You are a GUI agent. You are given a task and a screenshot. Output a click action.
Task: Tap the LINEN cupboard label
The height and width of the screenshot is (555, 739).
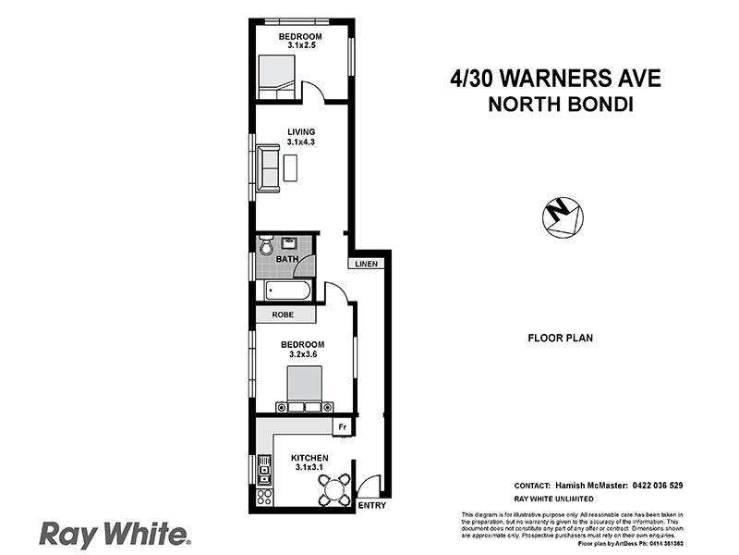pyautogui.click(x=364, y=264)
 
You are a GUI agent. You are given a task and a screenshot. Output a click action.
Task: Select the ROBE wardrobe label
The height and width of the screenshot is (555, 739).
pyautogui.click(x=283, y=314)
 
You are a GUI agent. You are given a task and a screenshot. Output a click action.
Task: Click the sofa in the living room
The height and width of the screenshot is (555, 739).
pyautogui.click(x=269, y=169)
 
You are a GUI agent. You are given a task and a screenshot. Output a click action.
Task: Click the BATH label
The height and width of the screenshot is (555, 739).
pyautogui.click(x=287, y=259)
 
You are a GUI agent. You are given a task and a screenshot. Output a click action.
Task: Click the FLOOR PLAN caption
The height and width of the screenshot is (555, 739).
pyautogui.click(x=560, y=339)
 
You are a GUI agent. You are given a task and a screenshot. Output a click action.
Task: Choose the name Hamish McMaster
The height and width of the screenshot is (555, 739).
pyautogui.click(x=592, y=485)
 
